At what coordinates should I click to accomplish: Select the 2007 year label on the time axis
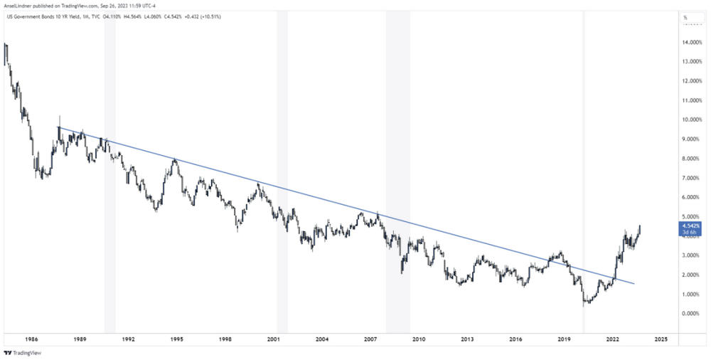pos(370,340)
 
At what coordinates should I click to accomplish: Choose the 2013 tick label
pos(467,340)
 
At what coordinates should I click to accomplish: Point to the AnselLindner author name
pos(21,6)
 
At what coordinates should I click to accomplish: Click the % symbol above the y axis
pos(685,17)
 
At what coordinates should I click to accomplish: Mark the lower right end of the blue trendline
pos(634,283)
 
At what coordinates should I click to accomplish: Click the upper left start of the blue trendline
pos(58,127)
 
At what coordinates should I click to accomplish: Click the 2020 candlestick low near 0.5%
pos(584,305)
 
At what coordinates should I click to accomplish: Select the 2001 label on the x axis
pos(273,340)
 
